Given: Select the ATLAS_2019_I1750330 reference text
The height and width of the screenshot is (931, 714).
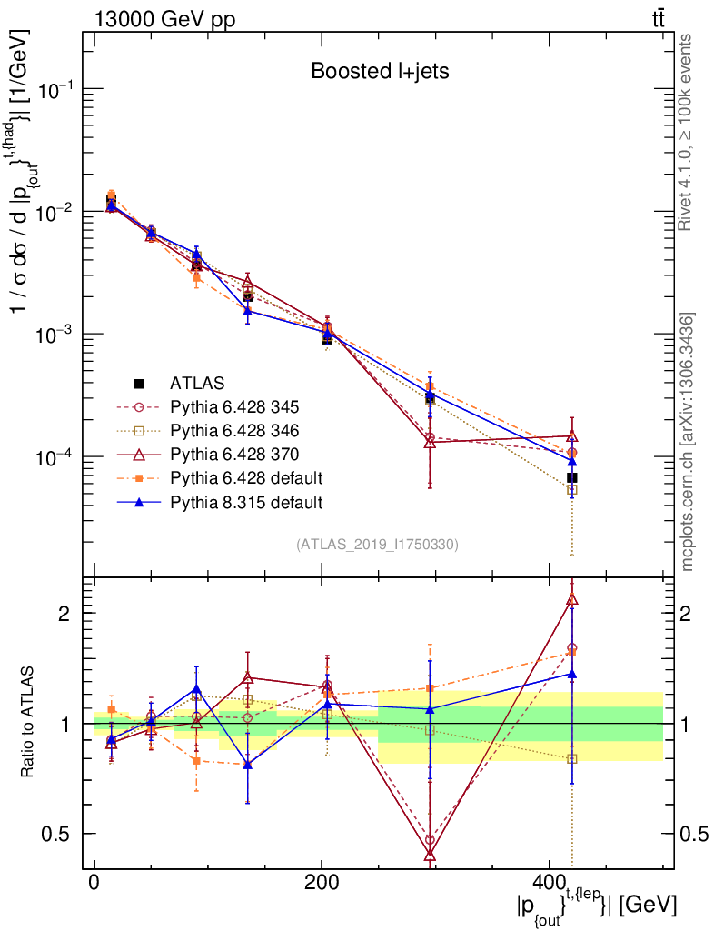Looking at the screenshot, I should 376,545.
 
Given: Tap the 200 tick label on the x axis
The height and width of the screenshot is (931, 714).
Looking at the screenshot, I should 322,883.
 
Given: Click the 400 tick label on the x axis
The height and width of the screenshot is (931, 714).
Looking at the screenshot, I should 549,883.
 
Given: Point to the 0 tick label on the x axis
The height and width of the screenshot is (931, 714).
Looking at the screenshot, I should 94,883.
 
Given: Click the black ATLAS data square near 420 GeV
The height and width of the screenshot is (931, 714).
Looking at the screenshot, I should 572,477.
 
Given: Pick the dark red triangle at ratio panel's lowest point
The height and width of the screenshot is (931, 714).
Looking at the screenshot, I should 430,854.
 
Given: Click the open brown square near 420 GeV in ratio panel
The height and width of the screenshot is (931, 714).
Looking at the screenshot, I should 572,758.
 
